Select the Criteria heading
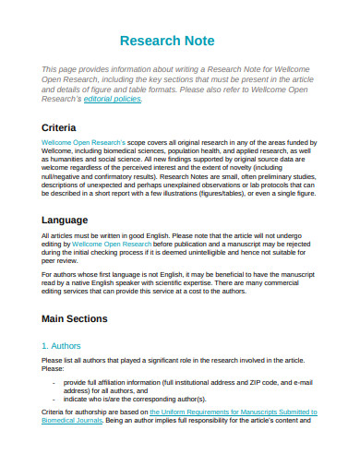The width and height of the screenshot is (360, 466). tap(60, 126)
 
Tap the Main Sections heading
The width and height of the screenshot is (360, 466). tap(80, 318)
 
